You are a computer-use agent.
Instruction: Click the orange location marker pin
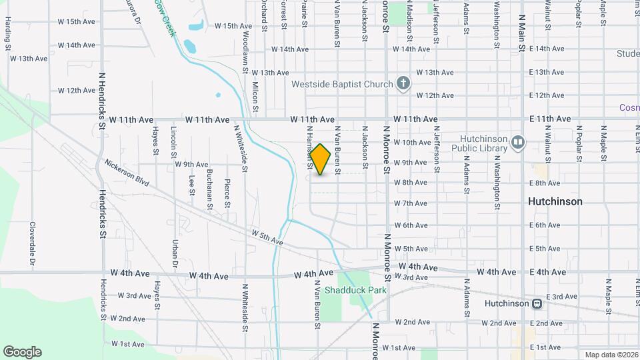[321, 159]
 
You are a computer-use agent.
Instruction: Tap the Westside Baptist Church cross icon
[403, 83]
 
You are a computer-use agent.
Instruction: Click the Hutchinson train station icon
[536, 303]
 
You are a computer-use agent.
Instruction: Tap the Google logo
[22, 352]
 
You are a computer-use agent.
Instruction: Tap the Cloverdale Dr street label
[31, 243]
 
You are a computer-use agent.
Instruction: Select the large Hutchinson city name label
[555, 201]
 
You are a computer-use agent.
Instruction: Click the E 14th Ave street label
[546, 49]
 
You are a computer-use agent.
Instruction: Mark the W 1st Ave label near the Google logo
[127, 344]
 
